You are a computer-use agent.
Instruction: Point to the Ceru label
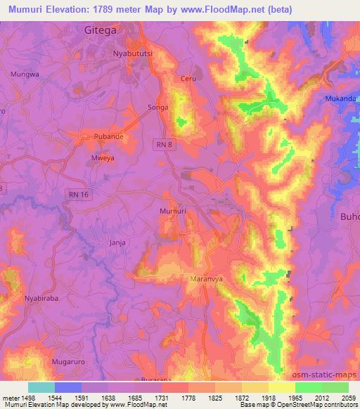tap(188, 79)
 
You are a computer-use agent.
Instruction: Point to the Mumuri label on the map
tap(173, 211)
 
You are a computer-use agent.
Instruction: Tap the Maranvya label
tap(207, 280)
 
